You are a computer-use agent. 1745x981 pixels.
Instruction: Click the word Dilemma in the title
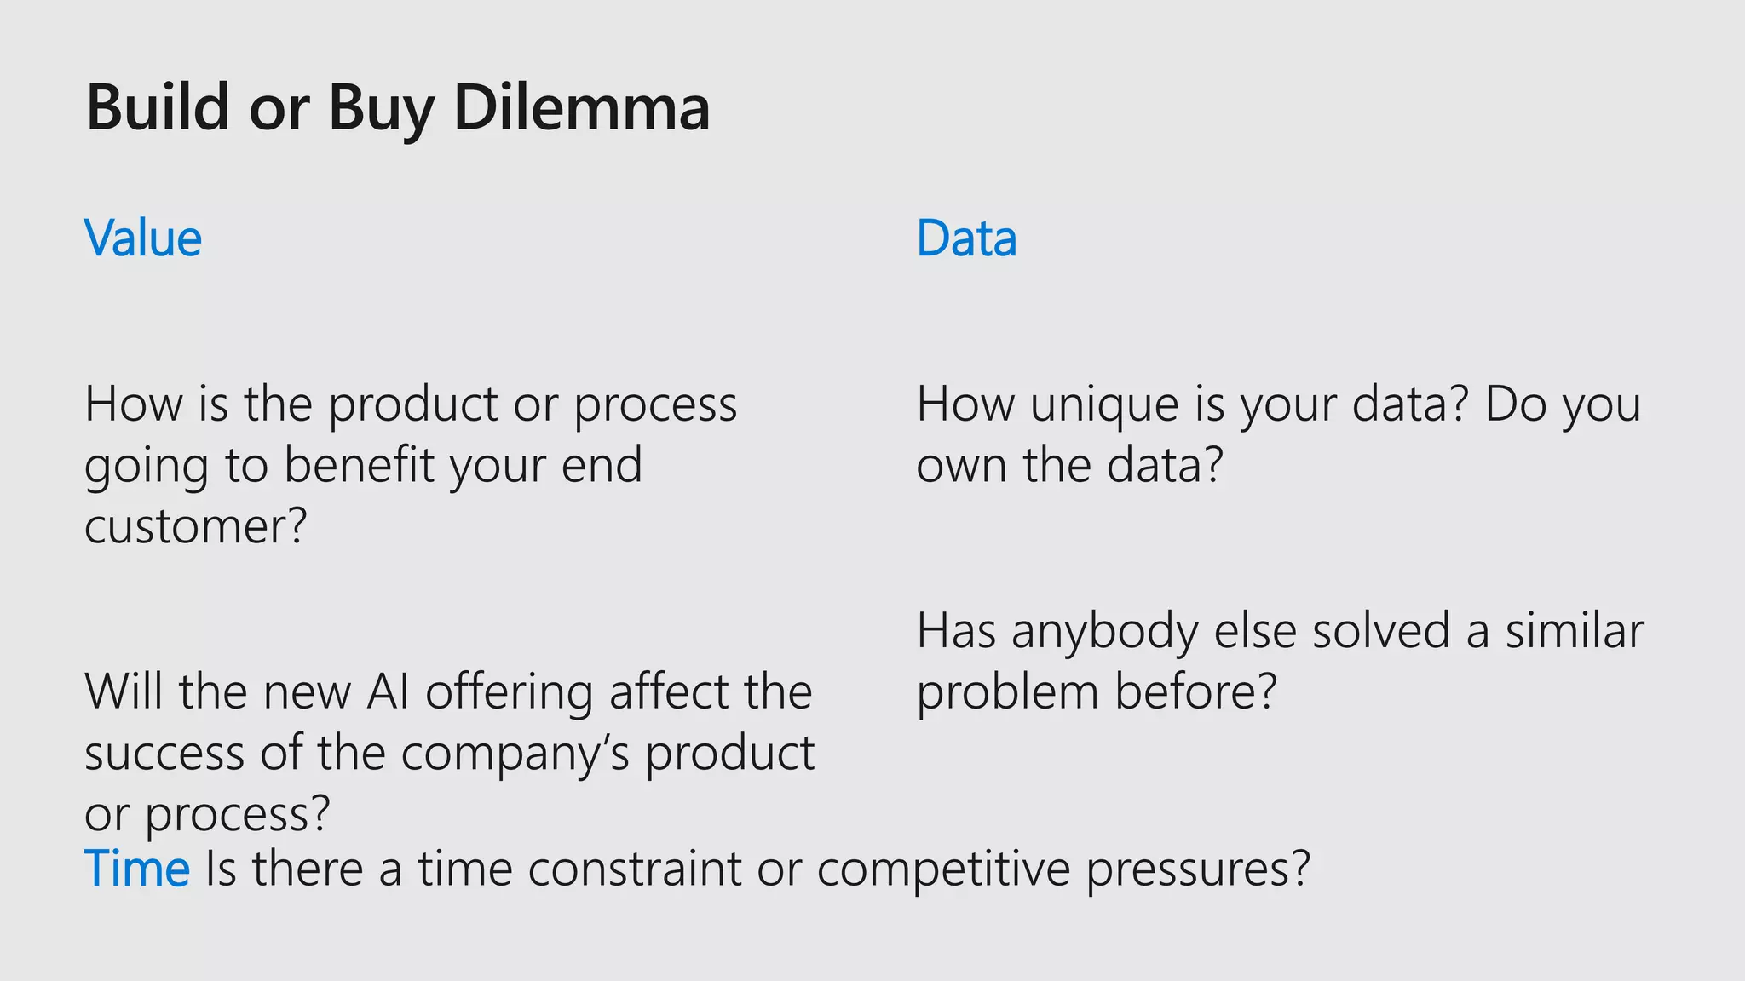point(581,108)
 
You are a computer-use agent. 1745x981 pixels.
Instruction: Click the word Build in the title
point(158,108)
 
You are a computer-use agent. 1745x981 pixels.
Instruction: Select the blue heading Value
point(143,238)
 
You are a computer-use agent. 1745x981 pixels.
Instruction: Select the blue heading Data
point(966,238)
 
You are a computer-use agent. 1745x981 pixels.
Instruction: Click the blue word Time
point(136,869)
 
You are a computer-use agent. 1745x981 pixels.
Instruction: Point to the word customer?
point(195,526)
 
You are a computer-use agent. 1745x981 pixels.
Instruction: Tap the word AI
point(388,691)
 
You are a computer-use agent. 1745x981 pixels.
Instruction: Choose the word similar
point(1574,631)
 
